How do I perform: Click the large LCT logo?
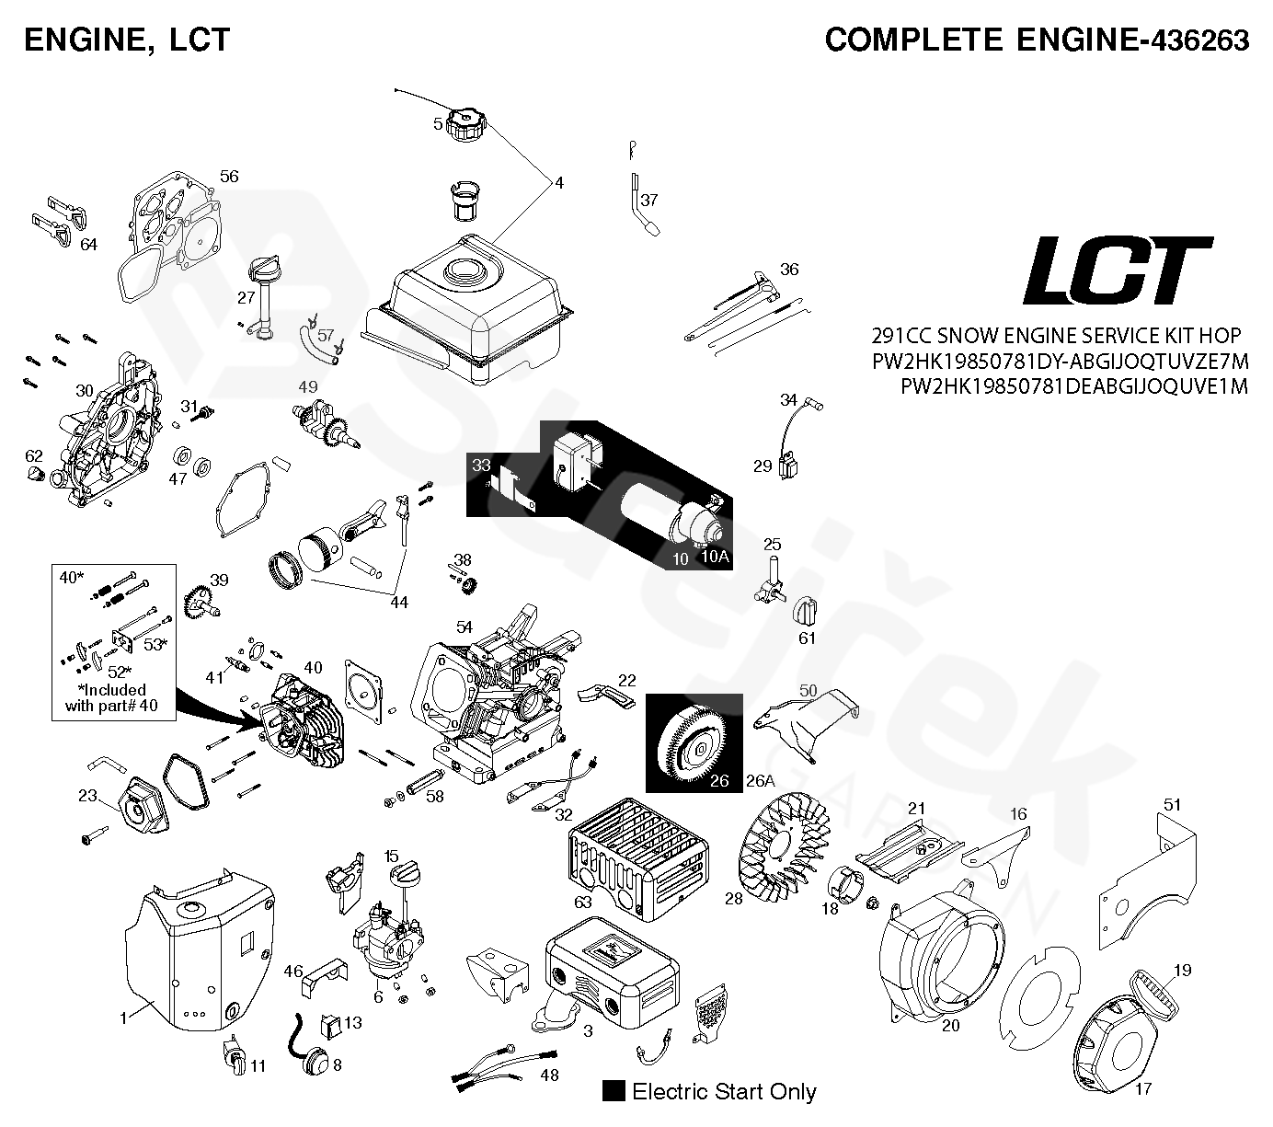pyautogui.click(x=1118, y=270)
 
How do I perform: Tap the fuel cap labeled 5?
pyautogui.click(x=466, y=123)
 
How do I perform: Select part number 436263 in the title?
pyautogui.click(x=1193, y=40)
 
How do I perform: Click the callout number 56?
pyautogui.click(x=229, y=176)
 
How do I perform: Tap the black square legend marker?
pyautogui.click(x=614, y=1091)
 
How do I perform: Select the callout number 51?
pyautogui.click(x=1171, y=805)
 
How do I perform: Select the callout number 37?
pyautogui.click(x=649, y=200)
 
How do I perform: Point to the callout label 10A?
pyautogui.click(x=715, y=556)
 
